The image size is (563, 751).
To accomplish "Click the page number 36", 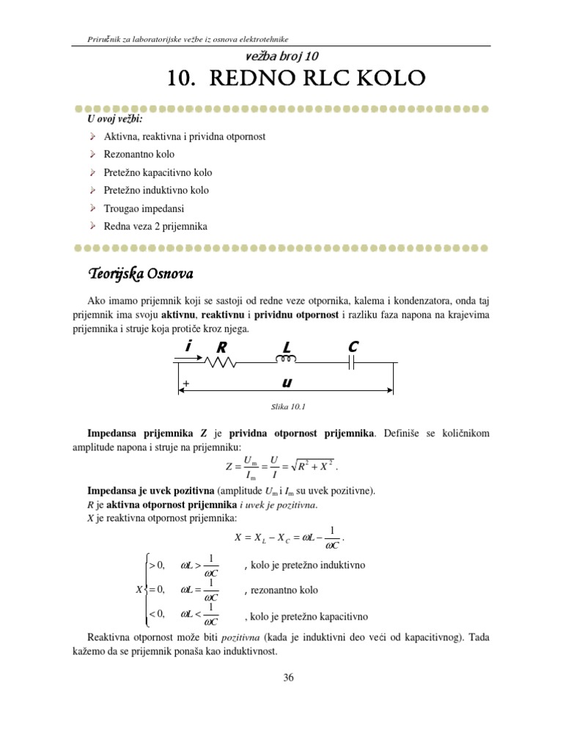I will [288, 678].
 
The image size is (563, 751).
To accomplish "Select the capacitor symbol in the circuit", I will [352, 363].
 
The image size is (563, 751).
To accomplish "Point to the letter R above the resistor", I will [218, 348].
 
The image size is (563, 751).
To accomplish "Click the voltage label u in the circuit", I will [287, 383].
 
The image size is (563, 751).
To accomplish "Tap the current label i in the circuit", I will [188, 347].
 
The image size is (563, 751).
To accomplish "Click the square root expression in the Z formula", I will [317, 466].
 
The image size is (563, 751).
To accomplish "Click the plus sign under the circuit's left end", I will [186, 384].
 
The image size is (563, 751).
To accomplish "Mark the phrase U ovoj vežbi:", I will [115, 119].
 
